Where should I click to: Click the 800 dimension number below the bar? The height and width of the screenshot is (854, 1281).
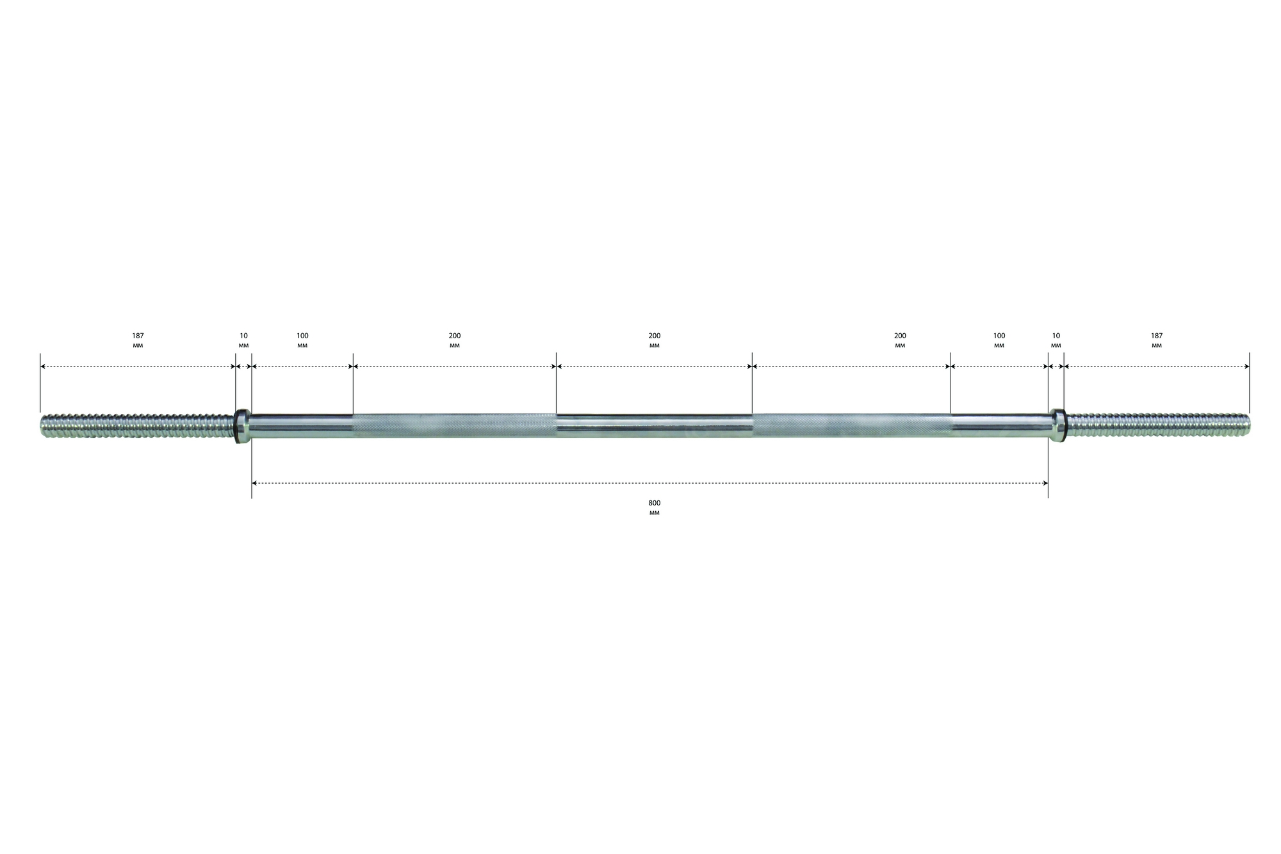click(654, 503)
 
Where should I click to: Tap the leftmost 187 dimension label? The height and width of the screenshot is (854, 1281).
click(138, 336)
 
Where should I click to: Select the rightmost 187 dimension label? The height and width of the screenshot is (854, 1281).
click(1157, 336)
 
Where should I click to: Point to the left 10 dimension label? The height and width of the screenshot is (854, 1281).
click(243, 336)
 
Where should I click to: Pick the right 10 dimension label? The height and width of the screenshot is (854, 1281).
click(1056, 336)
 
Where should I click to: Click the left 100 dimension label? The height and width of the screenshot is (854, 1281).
click(302, 336)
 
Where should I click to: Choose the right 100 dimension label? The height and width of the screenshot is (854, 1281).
click(999, 336)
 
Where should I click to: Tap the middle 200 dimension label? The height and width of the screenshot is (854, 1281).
click(654, 336)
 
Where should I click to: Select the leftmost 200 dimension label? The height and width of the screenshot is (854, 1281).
click(455, 336)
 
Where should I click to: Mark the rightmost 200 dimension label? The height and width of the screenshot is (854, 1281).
click(900, 336)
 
